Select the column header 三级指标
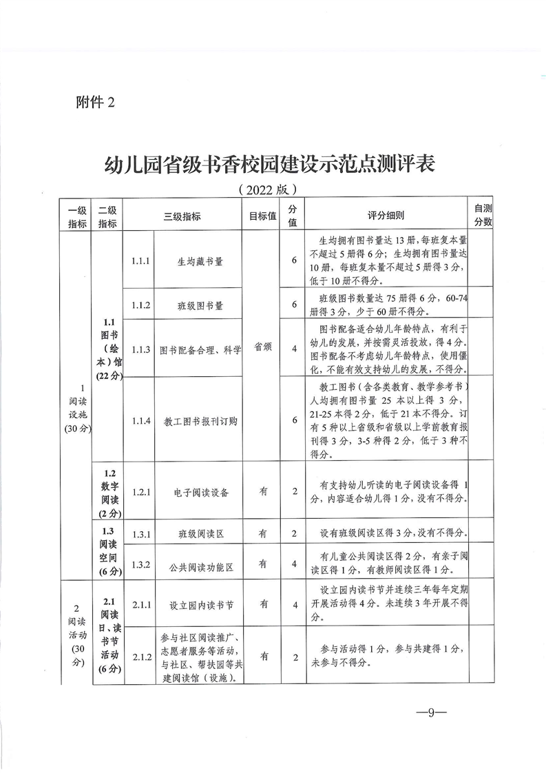pos(182,216)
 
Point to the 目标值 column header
pos(262,216)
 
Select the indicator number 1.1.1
pos(140,261)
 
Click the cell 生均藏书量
pos(200,262)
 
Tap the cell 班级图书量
pos(200,304)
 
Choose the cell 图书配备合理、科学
pos(200,349)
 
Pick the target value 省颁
pos(262,348)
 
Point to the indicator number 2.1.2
pos(140,657)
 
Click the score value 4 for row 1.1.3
pos(294,349)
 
